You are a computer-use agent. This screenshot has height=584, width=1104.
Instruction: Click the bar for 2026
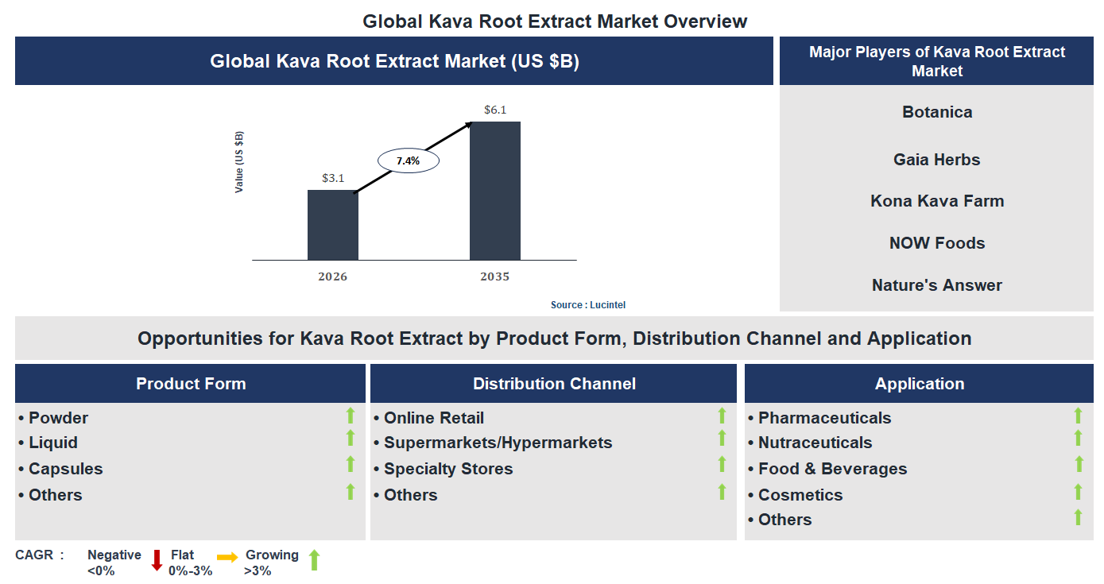[332, 225]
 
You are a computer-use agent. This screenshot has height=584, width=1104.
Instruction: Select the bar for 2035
[494, 191]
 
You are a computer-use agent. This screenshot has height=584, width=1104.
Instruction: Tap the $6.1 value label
[494, 110]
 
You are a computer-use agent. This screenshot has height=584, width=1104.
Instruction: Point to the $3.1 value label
[332, 178]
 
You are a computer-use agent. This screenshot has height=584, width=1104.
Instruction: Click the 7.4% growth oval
[407, 161]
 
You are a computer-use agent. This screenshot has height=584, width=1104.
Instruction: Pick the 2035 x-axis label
[494, 277]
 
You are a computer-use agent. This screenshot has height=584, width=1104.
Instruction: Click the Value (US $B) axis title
[239, 162]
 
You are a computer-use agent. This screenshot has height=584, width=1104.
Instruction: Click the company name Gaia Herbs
[936, 160]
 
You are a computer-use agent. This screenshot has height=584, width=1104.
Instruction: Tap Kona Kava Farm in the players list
[936, 201]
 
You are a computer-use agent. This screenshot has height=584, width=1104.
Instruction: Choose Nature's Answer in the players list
[936, 285]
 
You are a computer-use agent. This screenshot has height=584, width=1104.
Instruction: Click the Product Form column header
[191, 384]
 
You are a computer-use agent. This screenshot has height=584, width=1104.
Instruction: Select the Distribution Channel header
[553, 384]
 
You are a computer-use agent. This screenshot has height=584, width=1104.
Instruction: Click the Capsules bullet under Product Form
[65, 469]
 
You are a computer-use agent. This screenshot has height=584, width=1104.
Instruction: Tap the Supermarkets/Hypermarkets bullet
[498, 443]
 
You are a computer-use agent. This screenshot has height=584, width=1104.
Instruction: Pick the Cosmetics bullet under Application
[800, 495]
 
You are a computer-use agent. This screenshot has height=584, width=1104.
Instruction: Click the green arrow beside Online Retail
[722, 416]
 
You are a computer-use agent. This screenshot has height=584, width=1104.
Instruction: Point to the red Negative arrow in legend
[157, 560]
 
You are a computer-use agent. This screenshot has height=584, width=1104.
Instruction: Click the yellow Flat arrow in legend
[227, 558]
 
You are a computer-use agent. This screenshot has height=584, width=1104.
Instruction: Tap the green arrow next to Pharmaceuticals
[1078, 416]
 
